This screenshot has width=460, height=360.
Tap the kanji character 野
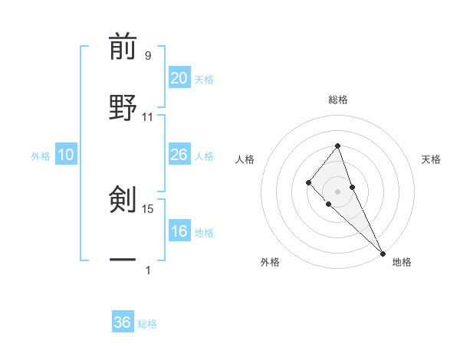click(x=123, y=107)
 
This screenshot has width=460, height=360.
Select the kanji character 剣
click(x=123, y=199)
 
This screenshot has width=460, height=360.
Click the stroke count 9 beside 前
click(x=148, y=55)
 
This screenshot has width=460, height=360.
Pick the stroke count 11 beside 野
click(x=148, y=117)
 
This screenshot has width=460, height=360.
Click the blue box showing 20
click(x=179, y=78)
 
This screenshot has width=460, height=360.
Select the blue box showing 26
click(x=179, y=155)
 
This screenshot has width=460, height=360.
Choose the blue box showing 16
click(x=179, y=231)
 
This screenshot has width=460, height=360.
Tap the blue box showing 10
click(x=66, y=155)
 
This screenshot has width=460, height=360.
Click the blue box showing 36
click(x=123, y=322)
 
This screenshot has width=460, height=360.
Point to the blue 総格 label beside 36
click(x=147, y=324)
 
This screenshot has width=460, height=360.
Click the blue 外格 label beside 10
click(x=41, y=155)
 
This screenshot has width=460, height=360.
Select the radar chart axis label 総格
click(x=337, y=100)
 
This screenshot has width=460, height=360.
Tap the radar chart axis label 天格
click(x=432, y=159)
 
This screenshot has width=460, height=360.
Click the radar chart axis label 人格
click(x=245, y=159)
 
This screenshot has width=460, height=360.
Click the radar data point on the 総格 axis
click(x=337, y=145)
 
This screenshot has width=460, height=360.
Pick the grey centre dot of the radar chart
click(x=337, y=191)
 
